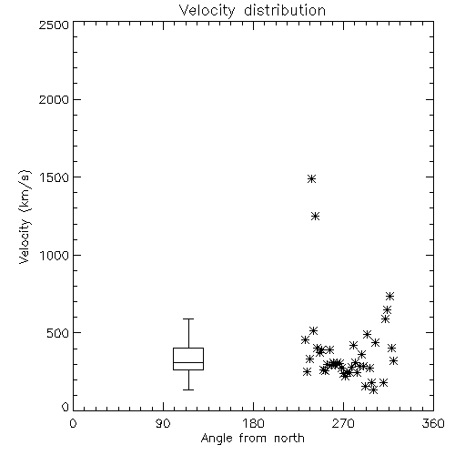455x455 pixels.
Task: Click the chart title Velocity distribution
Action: coord(252,10)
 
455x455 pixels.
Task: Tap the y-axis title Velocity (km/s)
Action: coord(25,217)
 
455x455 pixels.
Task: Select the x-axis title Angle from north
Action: coord(252,439)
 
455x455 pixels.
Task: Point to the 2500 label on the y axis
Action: coord(54,25)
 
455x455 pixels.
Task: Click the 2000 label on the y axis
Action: coord(54,100)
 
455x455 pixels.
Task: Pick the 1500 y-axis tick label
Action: coord(55,177)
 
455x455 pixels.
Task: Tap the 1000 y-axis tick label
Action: coord(55,256)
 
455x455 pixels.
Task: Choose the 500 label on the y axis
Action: coord(58,333)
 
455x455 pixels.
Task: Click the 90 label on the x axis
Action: coord(163,423)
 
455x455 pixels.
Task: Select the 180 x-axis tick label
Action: coord(253,423)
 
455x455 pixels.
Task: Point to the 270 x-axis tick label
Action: coord(343,423)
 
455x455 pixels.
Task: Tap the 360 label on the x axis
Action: coord(433,423)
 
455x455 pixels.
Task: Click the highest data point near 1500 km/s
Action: coord(311,178)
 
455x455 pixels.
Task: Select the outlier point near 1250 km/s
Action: coord(316,216)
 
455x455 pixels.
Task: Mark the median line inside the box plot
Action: coord(188,362)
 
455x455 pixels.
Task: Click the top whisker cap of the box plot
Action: coord(188,318)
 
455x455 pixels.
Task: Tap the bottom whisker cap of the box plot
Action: coord(188,389)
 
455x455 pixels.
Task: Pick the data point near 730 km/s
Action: coord(389,296)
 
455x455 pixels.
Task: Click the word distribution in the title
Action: coord(285,10)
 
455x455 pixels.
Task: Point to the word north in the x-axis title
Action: coord(289,439)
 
